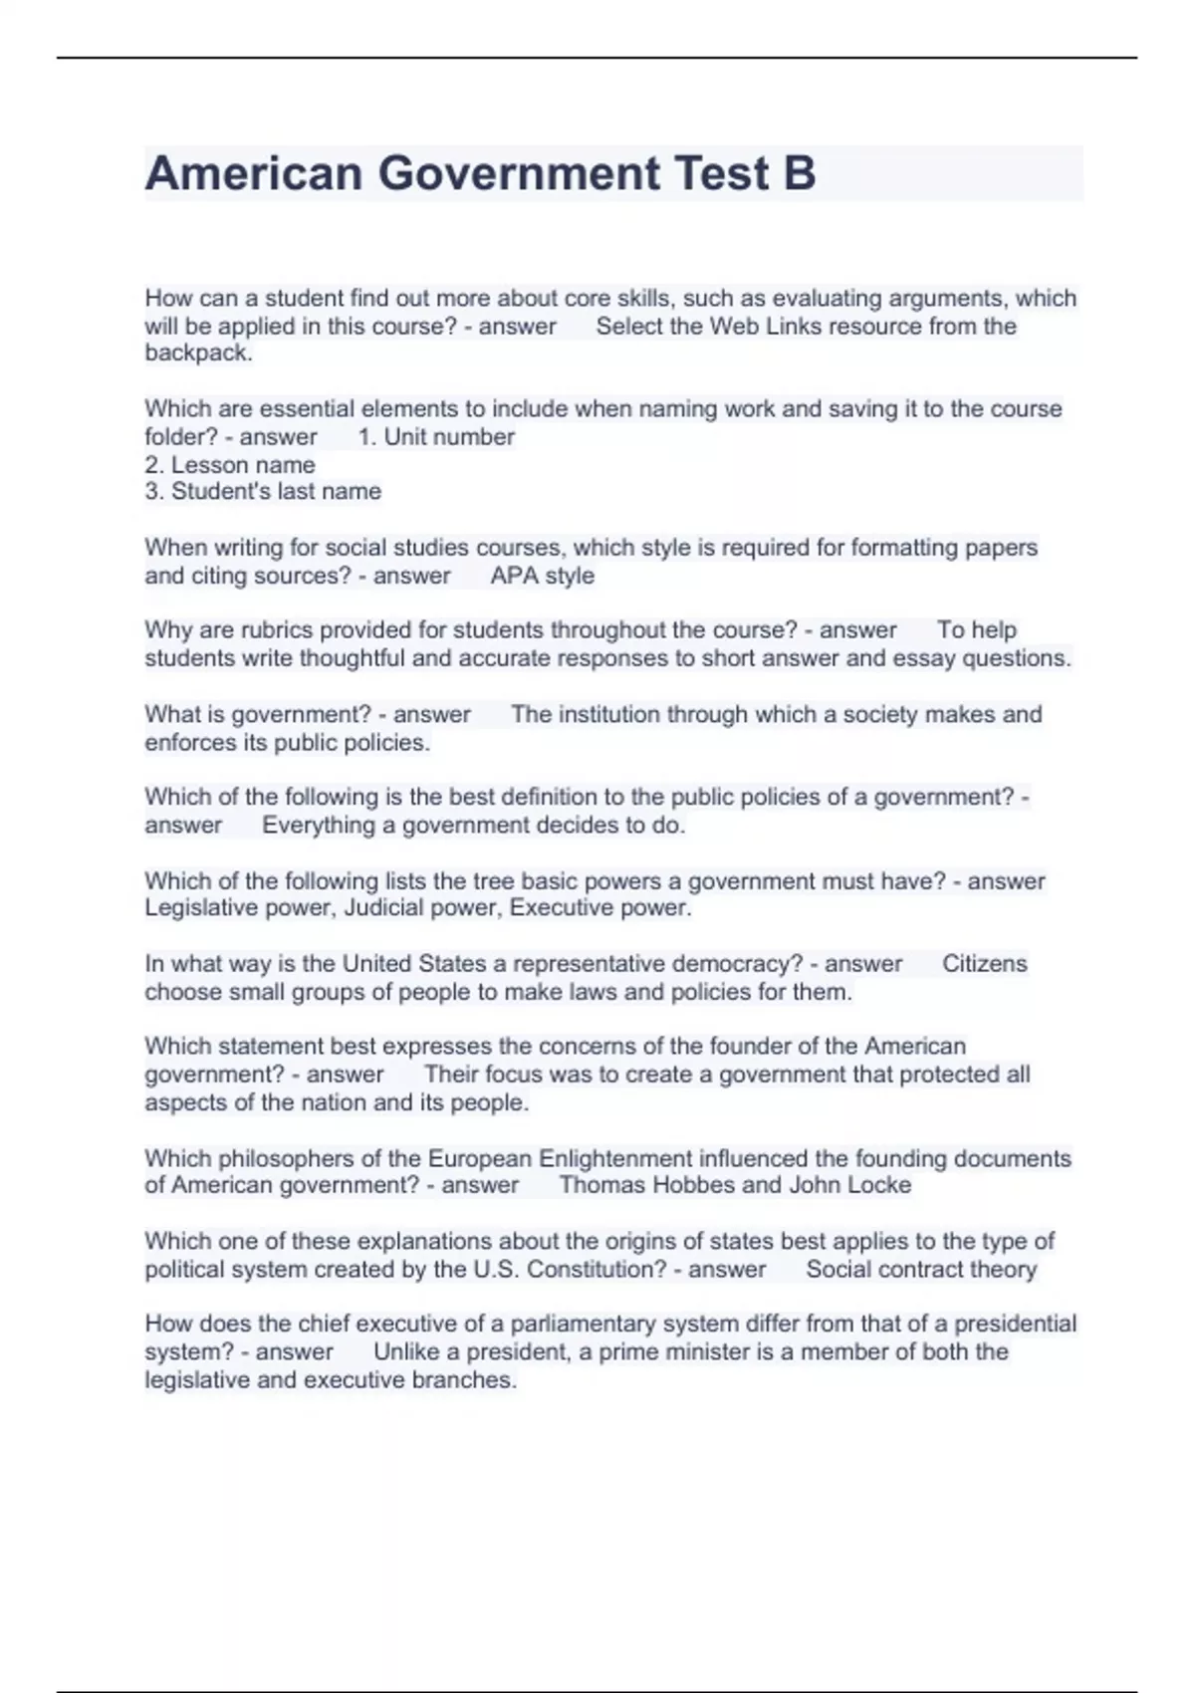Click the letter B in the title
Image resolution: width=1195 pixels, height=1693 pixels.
[800, 173]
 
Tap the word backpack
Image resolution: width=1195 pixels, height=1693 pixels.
[198, 354]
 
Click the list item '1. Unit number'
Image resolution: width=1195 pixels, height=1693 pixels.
[436, 437]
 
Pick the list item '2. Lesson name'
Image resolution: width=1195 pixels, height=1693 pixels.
[230, 465]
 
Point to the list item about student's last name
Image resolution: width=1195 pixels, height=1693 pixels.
[263, 492]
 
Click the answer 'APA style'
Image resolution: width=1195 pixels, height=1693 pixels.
[542, 576]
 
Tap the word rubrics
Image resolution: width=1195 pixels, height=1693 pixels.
[278, 630]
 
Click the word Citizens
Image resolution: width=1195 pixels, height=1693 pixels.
[984, 964]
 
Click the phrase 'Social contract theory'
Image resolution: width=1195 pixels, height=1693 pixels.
[921, 1270]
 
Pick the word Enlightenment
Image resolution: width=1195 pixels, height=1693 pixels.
[614, 1159]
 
